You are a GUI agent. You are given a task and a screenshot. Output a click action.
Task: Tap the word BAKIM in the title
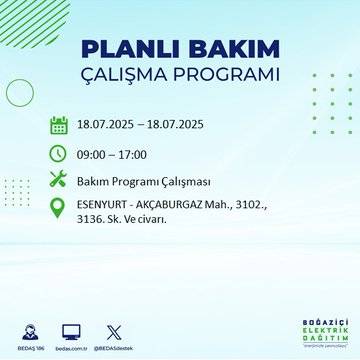pos(228,50)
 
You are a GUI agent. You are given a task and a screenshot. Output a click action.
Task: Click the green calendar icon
pos(58,126)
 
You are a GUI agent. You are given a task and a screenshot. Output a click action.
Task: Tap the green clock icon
pos(58,153)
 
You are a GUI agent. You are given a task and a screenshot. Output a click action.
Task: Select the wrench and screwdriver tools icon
pos(58,181)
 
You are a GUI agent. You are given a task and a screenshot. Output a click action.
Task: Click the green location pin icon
pos(58,211)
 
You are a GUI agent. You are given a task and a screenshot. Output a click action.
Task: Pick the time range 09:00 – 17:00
pos(111,154)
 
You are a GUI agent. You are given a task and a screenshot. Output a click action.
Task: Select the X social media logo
pos(112,330)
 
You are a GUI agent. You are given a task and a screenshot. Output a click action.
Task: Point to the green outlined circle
pos(20,92)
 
